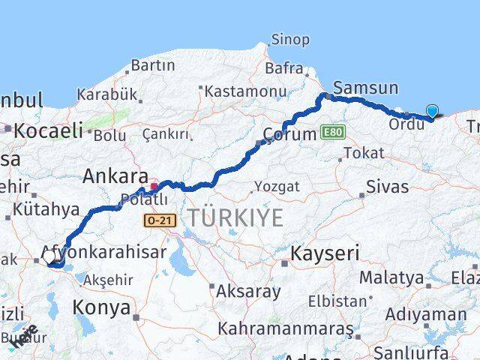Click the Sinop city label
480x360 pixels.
(289, 40)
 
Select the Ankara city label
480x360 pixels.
(115, 177)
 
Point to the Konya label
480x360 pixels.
(101, 307)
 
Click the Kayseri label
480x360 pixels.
(325, 253)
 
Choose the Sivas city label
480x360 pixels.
(388, 186)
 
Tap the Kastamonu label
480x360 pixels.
(247, 91)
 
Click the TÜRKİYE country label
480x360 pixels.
(235, 218)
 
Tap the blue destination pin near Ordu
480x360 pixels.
(432, 112)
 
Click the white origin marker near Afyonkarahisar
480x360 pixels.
(49, 257)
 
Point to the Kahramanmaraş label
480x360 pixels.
(286, 328)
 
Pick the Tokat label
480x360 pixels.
(363, 153)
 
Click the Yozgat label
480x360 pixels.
(277, 186)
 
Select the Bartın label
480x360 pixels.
(152, 66)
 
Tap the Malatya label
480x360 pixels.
(391, 277)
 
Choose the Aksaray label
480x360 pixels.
(247, 291)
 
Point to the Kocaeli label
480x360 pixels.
(47, 130)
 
